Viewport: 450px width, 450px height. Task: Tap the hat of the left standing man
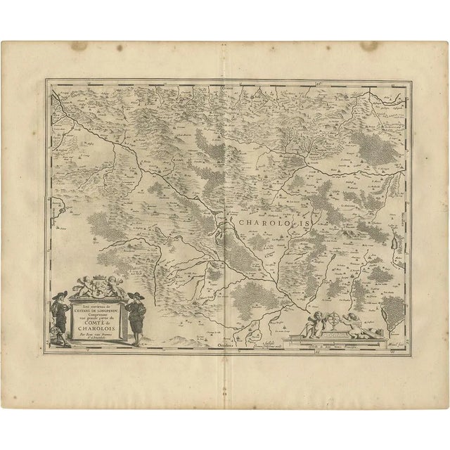pyautogui.click(x=58, y=291)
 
